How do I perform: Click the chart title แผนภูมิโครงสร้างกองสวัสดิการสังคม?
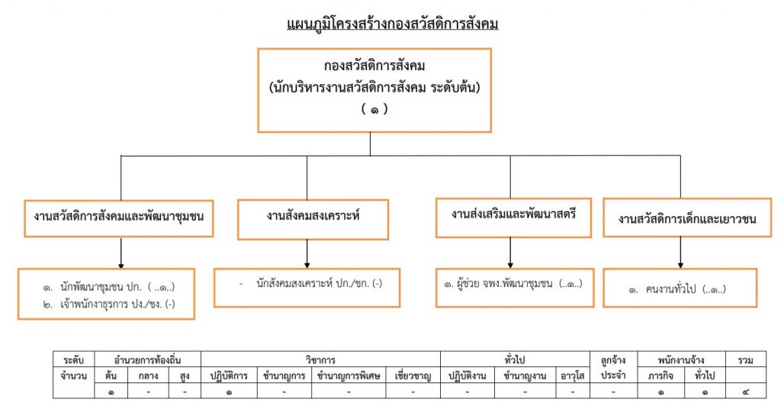click(x=393, y=24)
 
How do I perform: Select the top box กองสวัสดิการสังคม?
click(x=374, y=90)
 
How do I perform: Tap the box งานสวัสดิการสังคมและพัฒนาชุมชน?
click(x=118, y=218)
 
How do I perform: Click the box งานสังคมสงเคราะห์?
click(x=313, y=219)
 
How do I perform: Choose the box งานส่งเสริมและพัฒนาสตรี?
click(x=513, y=218)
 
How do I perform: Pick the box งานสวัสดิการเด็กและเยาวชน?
click(x=687, y=218)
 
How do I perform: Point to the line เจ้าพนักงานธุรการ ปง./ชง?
click(x=108, y=305)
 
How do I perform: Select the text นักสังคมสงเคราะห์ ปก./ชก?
click(x=320, y=283)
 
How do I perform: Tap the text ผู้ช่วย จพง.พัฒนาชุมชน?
click(x=505, y=284)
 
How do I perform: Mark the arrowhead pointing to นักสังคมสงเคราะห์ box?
click(x=307, y=265)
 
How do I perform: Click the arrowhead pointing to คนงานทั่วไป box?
click(x=680, y=265)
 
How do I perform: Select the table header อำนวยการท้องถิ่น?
click(x=147, y=360)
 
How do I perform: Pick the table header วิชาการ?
click(x=320, y=360)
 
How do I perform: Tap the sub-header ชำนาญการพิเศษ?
click(x=348, y=376)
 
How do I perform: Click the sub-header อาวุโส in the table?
click(x=572, y=376)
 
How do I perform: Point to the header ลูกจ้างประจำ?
click(x=613, y=368)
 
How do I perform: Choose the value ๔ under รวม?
click(x=745, y=392)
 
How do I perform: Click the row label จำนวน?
click(x=74, y=376)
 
